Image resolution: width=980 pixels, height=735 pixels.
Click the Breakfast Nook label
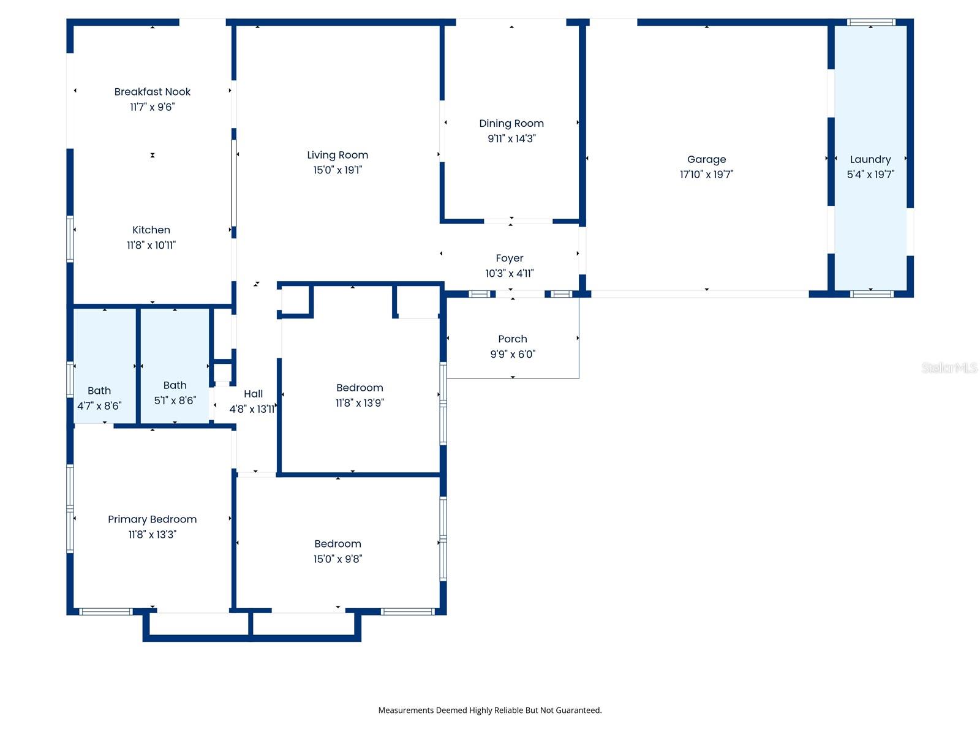[152, 92]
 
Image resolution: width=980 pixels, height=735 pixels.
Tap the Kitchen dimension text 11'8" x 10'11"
[151, 245]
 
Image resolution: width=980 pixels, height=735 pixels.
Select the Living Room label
[337, 155]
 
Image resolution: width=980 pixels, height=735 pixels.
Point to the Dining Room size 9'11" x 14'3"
[511, 138]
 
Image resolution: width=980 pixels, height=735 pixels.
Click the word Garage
[706, 159]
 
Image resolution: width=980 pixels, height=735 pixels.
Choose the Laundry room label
[870, 159]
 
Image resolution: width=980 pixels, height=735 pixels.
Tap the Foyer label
[510, 258]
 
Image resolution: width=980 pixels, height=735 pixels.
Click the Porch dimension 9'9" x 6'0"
[513, 354]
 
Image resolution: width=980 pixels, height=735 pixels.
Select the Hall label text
[253, 394]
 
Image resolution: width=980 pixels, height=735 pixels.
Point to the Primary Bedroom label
[152, 519]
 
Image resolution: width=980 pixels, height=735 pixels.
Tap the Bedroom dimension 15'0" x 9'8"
[337, 559]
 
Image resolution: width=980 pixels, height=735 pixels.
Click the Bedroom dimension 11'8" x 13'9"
[360, 402]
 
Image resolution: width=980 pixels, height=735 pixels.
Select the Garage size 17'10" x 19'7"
[706, 175]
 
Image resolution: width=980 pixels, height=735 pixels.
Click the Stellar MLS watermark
[949, 367]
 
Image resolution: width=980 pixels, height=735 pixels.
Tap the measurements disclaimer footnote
[489, 710]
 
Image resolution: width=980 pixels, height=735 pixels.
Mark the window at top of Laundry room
[871, 23]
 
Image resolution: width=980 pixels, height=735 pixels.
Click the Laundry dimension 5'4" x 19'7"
[870, 175]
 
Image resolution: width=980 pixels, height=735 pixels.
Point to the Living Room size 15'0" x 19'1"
[337, 170]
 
